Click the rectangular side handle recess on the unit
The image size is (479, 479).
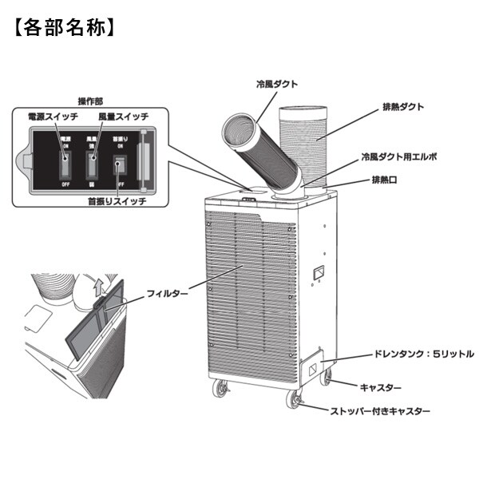319,273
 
